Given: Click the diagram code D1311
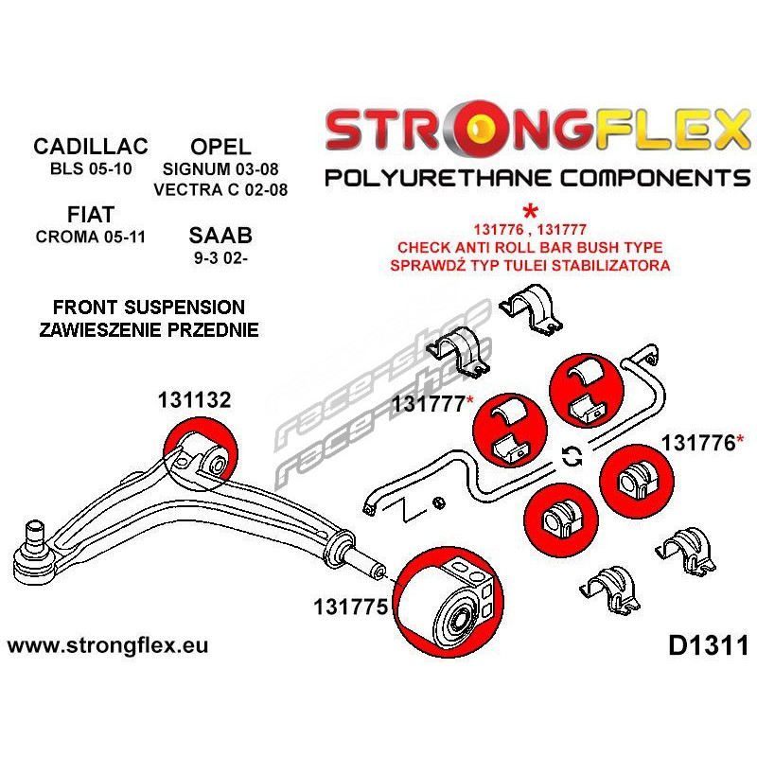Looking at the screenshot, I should pyautogui.click(x=708, y=647).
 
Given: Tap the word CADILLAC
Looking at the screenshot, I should pyautogui.click(x=91, y=147).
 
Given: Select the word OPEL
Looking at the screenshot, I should pyautogui.click(x=220, y=147).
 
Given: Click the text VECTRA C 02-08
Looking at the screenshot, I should pyautogui.click(x=220, y=190).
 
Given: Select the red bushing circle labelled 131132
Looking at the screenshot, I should pyautogui.click(x=200, y=460).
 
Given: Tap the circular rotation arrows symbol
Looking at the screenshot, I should pyautogui.click(x=572, y=457).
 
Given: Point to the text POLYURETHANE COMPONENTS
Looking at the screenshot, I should pyautogui.click(x=537, y=177).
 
